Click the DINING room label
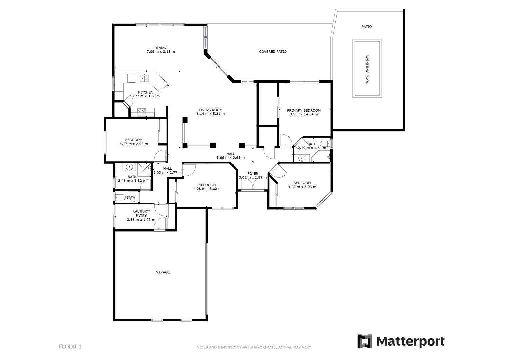tap(161, 48)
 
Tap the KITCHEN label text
tap(146, 92)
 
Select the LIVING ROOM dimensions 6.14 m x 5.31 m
tap(210, 114)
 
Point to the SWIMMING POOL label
tap(367, 69)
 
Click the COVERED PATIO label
tap(273, 52)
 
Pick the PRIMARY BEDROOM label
tap(304, 110)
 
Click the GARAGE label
tap(163, 272)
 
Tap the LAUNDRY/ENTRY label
tap(141, 213)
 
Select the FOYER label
tap(253, 174)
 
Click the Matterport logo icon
tap(365, 341)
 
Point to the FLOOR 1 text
tap(70, 347)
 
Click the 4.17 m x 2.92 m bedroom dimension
tap(134, 144)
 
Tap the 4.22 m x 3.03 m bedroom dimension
tap(302, 187)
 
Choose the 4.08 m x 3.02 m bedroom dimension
tap(207, 189)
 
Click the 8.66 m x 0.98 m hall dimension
tap(230, 158)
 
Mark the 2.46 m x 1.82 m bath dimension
tap(132, 181)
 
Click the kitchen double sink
tap(144, 78)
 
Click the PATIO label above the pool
tap(367, 27)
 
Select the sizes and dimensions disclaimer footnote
tap(254, 347)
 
